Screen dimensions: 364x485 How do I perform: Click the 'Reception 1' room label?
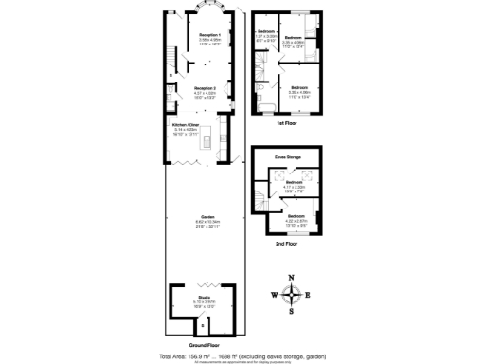[209, 35]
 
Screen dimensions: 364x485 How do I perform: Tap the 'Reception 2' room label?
[206, 88]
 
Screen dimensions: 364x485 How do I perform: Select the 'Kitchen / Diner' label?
[185, 124]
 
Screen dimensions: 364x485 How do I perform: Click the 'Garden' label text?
[207, 217]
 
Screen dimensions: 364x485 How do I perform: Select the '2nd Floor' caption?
[287, 244]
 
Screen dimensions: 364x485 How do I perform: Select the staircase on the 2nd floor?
[260, 201]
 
